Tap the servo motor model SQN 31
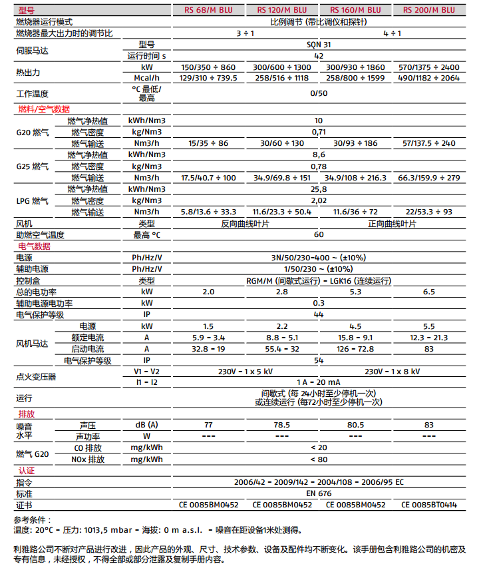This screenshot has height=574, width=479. coord(319,44)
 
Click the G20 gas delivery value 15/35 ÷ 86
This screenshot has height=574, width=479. coord(208,143)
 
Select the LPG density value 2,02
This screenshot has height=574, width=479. coord(319,200)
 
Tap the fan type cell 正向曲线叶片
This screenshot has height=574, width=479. coord(393,224)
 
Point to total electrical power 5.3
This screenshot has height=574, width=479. coord(355,292)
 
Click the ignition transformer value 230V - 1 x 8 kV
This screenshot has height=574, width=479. coord(393,372)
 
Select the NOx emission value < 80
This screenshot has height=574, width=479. coord(319,459)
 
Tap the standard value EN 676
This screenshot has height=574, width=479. coord(319,493)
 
